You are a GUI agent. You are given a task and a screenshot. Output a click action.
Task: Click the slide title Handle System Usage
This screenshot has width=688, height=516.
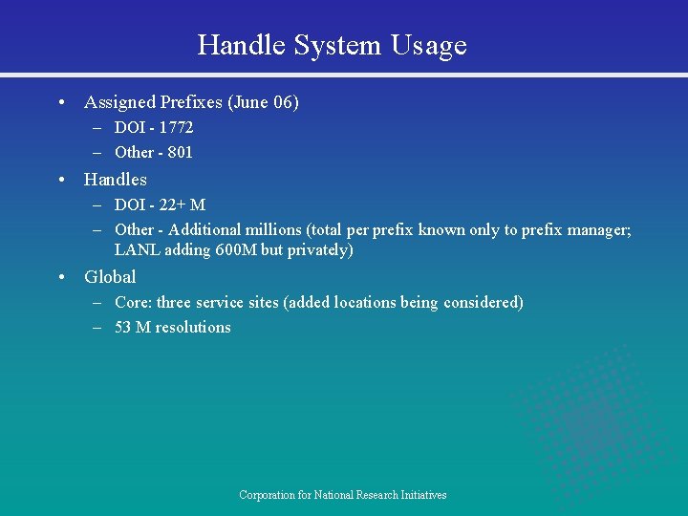coord(332,45)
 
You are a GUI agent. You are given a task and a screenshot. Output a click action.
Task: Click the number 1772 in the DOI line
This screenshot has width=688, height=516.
coord(176,127)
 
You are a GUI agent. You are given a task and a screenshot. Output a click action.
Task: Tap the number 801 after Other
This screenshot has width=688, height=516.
coord(180,152)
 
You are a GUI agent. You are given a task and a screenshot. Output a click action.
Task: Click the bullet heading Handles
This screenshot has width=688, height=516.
coord(116,180)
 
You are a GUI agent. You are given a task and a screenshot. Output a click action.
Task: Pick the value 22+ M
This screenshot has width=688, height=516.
coord(184,204)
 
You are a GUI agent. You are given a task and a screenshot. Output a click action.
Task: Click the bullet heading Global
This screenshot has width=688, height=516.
coord(110,277)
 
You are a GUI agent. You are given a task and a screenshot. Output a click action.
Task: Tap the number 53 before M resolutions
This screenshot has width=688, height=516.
coord(123,327)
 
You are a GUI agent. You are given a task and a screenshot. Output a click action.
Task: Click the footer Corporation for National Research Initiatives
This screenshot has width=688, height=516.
coord(342,495)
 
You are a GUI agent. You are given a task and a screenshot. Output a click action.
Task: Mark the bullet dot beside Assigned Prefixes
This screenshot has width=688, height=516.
coord(61,102)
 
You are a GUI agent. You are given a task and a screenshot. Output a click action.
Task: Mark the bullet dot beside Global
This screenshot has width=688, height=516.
coord(61,277)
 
